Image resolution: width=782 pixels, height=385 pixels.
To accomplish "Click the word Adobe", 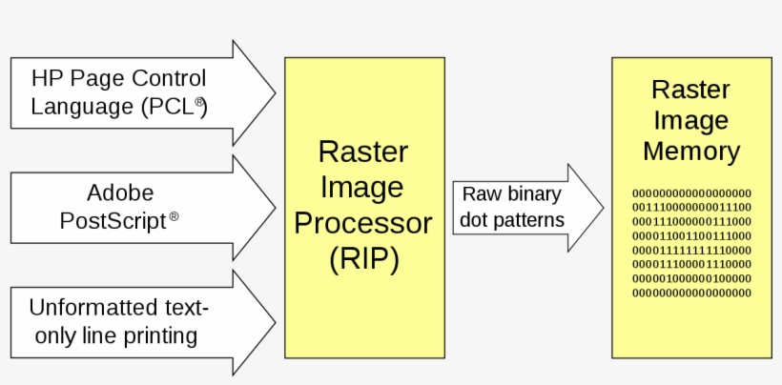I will (120, 193).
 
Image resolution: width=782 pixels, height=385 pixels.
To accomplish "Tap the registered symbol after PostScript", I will (174, 216).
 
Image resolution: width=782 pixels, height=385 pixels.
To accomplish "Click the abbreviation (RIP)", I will (363, 258).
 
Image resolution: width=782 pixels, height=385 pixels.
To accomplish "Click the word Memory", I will (690, 151).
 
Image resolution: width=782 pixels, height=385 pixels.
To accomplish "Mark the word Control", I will (170, 78).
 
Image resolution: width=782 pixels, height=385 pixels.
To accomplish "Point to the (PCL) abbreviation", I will (173, 106).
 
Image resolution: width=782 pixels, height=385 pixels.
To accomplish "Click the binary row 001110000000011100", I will (690, 206).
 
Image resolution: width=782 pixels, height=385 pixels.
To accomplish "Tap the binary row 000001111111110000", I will (690, 249).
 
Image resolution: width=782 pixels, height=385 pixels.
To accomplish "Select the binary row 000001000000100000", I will (690, 277).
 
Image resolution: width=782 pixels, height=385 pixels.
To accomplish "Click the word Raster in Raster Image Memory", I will (690, 91).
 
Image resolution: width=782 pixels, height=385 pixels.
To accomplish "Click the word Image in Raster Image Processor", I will (363, 187).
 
